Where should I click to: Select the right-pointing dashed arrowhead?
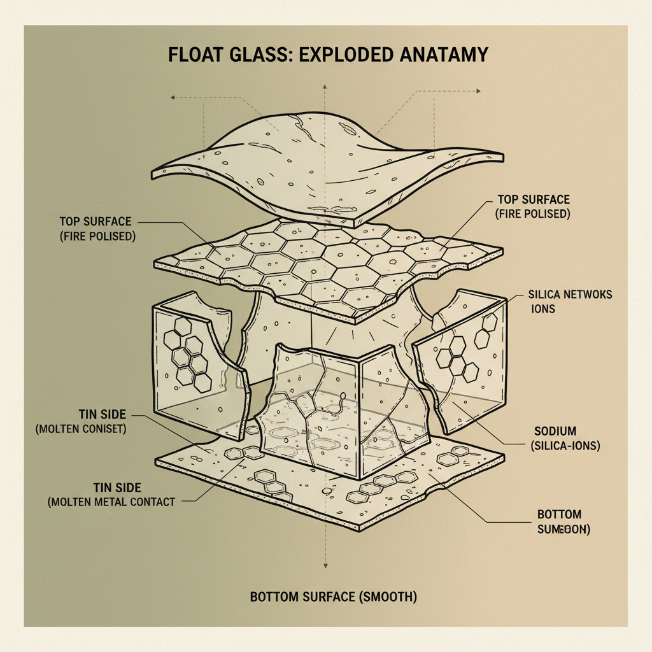click(478, 91)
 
